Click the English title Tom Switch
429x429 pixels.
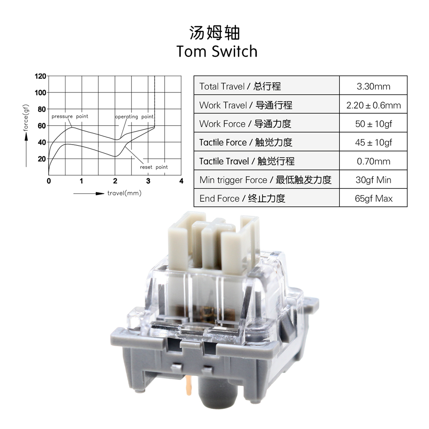217,51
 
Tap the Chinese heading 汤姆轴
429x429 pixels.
214,33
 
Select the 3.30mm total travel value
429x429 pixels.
373,87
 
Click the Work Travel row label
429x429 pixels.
246,105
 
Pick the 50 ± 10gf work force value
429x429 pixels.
373,124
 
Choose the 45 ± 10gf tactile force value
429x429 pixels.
373,142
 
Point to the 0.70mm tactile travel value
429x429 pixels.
373,161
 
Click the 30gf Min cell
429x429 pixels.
373,180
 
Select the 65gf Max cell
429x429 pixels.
373,199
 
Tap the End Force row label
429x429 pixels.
242,199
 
